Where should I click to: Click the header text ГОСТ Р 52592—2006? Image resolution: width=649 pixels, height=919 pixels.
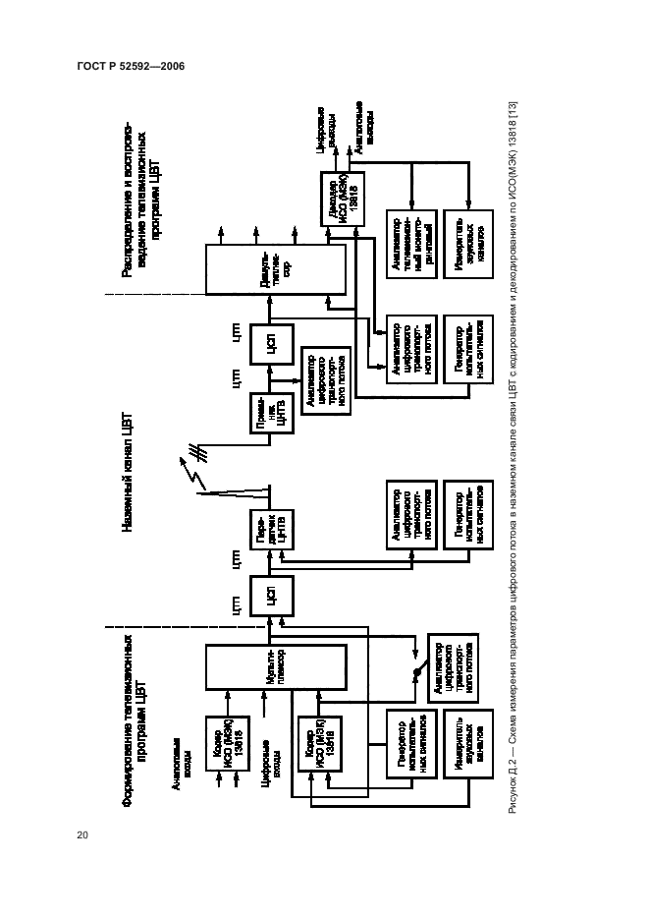pyautogui.click(x=130, y=67)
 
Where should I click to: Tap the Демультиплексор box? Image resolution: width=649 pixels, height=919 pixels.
pyautogui.click(x=275, y=269)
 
